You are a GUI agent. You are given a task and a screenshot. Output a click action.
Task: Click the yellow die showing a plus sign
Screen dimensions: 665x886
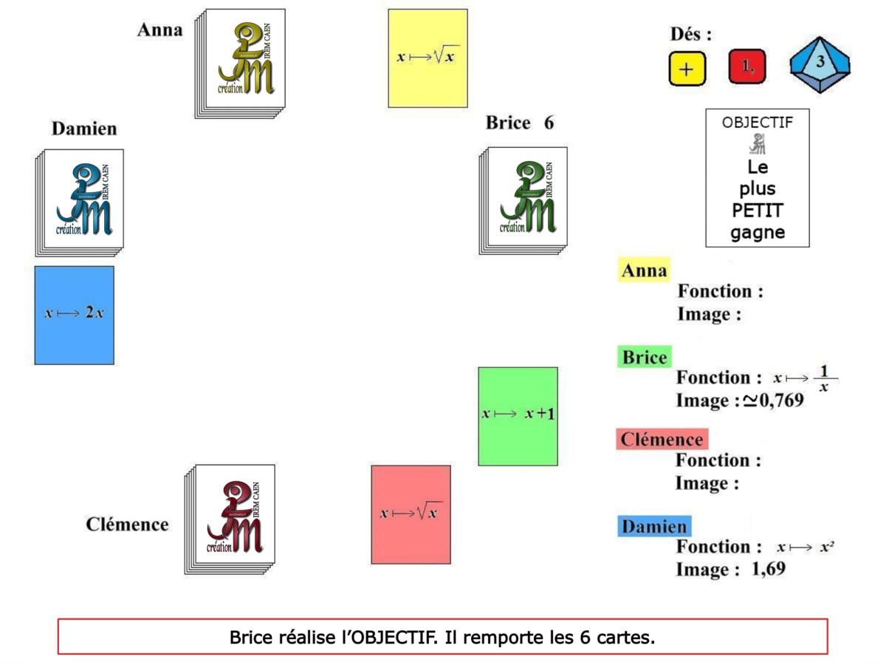(x=687, y=69)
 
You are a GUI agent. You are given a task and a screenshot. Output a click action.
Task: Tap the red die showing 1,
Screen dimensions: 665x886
(x=747, y=67)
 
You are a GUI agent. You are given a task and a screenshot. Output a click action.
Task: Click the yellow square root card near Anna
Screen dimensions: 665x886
(x=428, y=58)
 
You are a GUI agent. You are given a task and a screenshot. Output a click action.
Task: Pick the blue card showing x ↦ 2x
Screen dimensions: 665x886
(x=75, y=315)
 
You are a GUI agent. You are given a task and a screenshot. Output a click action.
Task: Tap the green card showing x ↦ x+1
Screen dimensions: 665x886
(x=518, y=416)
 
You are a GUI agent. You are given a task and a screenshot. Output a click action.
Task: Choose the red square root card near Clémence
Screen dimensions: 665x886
(x=411, y=514)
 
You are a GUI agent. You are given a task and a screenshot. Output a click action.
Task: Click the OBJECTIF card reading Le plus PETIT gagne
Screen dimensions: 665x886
(x=757, y=178)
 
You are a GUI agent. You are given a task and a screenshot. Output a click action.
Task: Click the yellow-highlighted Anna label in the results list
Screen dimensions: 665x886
(x=644, y=270)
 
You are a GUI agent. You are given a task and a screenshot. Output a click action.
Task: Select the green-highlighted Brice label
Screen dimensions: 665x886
(x=644, y=358)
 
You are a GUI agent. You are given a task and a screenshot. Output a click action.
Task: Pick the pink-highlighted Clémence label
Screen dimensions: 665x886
(x=662, y=440)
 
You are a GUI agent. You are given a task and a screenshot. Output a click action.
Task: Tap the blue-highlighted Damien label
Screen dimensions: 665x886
(x=653, y=526)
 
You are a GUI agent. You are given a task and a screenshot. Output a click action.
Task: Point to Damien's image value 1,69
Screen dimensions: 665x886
(x=768, y=569)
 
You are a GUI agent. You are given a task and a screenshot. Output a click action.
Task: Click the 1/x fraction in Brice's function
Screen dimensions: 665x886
(x=824, y=378)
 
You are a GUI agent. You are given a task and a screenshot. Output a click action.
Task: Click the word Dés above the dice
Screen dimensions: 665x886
(x=691, y=35)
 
